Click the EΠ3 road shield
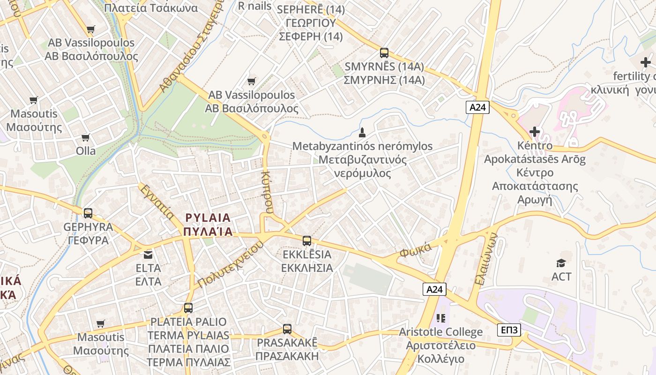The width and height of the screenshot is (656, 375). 509,330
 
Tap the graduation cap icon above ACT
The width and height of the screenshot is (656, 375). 561,263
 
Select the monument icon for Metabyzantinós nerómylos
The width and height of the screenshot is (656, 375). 362,132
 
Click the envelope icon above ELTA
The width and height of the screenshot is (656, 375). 148,255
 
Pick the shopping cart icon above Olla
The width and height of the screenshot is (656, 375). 85,137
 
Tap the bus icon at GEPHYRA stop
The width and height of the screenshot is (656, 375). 88,213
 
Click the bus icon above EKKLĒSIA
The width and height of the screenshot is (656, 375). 307,241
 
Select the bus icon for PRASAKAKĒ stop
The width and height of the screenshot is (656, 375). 287,329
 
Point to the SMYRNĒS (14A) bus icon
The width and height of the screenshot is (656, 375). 384,53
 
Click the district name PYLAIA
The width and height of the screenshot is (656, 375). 208,218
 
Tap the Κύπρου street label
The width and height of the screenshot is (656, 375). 267,192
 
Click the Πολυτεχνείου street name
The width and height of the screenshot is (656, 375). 228,265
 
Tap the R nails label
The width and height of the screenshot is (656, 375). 254,6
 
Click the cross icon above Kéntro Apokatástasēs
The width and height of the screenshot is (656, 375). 534,132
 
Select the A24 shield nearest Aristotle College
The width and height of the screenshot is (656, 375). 434,289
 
